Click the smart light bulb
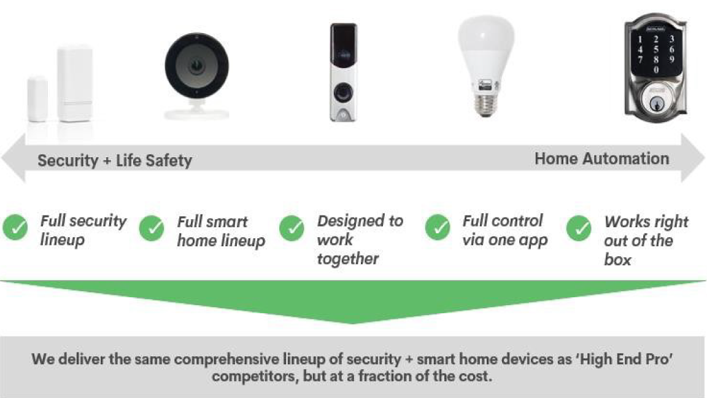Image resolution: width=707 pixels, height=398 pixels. [x=485, y=66]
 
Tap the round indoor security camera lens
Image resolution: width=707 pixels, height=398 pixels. [x=196, y=66]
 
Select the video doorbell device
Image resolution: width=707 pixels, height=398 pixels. [x=343, y=72]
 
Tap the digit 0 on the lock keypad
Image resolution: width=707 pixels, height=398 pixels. [x=656, y=69]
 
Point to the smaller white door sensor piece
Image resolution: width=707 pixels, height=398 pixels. [x=37, y=99]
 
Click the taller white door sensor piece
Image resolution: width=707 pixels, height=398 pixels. [x=75, y=84]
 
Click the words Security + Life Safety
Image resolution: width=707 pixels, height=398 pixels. [x=115, y=160]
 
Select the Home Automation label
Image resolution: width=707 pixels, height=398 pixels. [x=601, y=158]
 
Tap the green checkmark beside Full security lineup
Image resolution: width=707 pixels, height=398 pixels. [x=15, y=227]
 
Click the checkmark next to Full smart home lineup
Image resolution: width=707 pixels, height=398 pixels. [x=152, y=228]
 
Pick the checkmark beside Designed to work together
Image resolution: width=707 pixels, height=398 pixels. [x=292, y=228]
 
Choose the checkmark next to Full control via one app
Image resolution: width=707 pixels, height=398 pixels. [x=438, y=227]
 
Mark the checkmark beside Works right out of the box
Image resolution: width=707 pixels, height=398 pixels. [x=579, y=228]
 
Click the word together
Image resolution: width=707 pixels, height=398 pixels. [x=347, y=259]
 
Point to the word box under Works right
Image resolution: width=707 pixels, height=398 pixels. [x=617, y=260]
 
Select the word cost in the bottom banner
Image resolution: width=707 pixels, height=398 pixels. [x=475, y=376]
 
